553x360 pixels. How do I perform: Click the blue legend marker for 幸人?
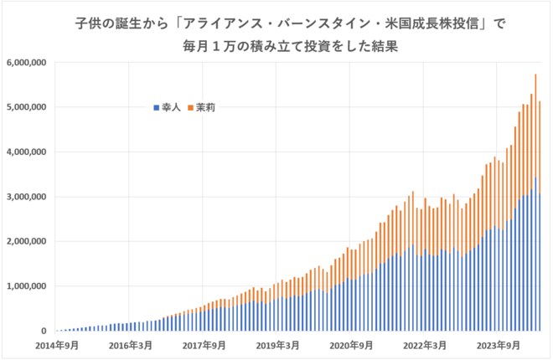156,108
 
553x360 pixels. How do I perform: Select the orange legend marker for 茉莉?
191,108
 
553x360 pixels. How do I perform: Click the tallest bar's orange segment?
535,126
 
